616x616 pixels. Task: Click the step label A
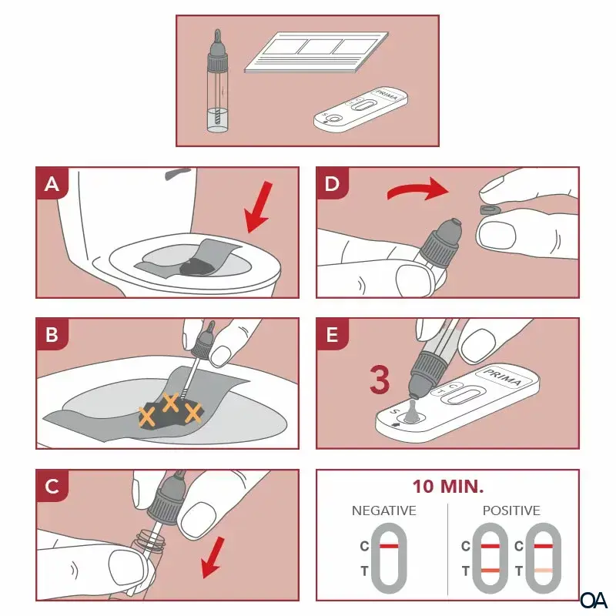click(x=52, y=184)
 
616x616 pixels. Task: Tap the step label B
click(x=52, y=335)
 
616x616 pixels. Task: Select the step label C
click(x=52, y=486)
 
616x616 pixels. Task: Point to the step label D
click(x=333, y=184)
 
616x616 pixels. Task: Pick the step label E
click(x=333, y=335)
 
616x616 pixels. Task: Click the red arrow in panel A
click(x=259, y=207)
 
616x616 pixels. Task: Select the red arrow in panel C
click(x=213, y=557)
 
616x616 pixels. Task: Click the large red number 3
click(x=380, y=380)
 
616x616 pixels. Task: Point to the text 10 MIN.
click(x=448, y=487)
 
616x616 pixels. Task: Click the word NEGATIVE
click(x=383, y=511)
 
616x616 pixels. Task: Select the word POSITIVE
click(x=511, y=511)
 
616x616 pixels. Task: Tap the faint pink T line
click(x=544, y=571)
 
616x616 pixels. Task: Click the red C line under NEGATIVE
click(x=389, y=546)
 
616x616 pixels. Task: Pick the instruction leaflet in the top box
click(x=316, y=52)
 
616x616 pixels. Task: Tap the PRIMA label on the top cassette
click(x=387, y=95)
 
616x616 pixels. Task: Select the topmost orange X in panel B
click(x=170, y=402)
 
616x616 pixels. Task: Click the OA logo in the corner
click(x=593, y=600)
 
